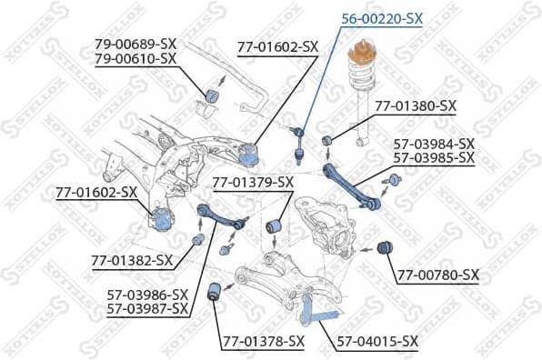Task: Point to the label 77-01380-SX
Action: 415,105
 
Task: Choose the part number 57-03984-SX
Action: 434,143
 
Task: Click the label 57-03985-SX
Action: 434,157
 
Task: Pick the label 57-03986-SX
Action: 147,295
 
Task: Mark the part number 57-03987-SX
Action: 147,309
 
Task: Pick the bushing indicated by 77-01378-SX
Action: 215,290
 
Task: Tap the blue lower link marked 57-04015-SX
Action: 314,314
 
